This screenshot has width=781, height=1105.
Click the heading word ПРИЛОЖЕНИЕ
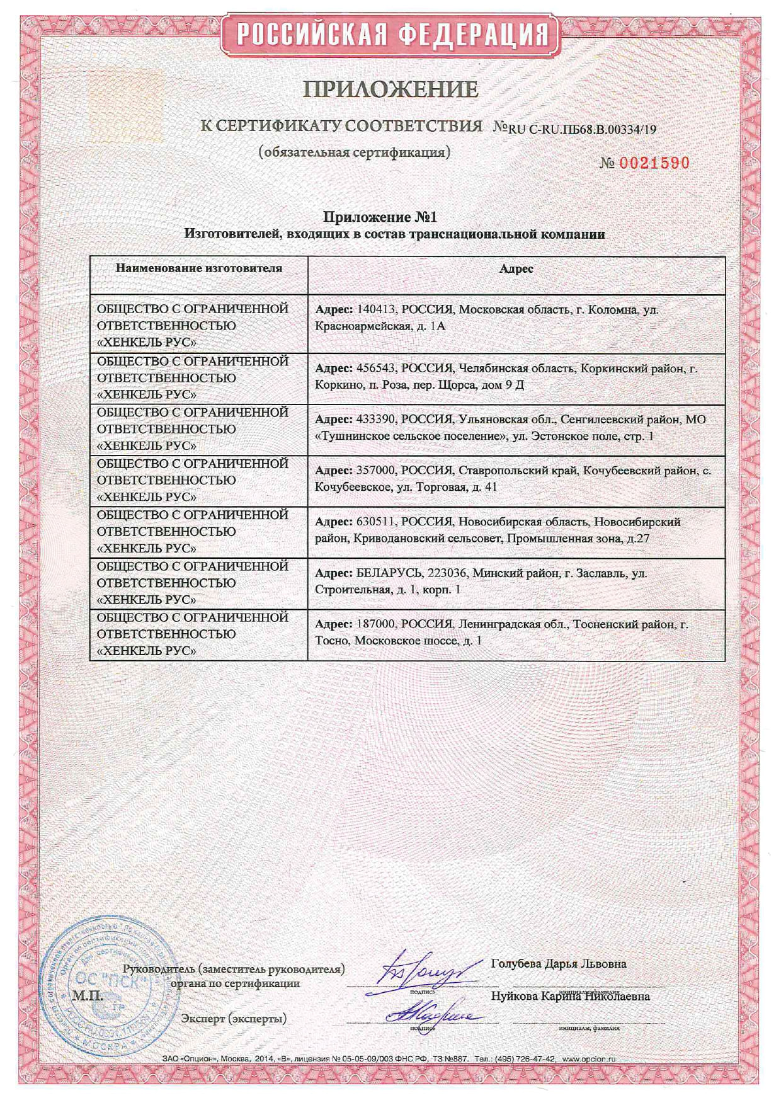click(x=390, y=89)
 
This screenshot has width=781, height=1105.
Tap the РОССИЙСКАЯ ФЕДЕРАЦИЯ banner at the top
click(x=390, y=33)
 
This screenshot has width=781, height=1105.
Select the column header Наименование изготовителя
click(x=198, y=268)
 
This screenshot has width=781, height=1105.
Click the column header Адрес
click(x=516, y=268)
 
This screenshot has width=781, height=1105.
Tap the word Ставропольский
click(x=498, y=471)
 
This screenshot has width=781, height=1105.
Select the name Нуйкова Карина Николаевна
click(x=570, y=996)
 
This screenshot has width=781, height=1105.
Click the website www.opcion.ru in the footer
click(x=588, y=1059)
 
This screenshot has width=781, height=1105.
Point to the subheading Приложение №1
click(x=380, y=217)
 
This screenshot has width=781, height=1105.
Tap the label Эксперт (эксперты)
click(x=233, y=1018)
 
